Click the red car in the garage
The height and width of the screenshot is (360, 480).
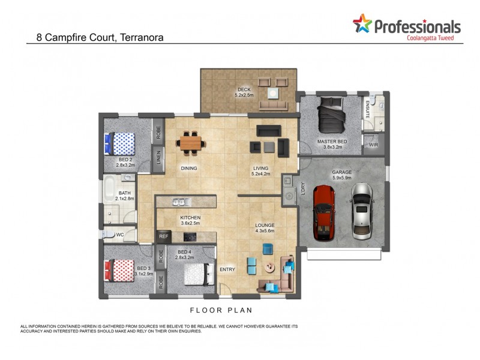click(324, 212)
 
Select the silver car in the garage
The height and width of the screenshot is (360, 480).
click(362, 211)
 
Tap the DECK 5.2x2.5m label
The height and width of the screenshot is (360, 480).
click(244, 92)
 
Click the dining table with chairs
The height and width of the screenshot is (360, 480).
click(191, 143)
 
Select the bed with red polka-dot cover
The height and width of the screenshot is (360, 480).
click(122, 270)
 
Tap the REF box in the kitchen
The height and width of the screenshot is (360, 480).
click(164, 237)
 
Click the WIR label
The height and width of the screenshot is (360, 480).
click(373, 145)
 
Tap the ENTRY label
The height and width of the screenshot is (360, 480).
click(227, 269)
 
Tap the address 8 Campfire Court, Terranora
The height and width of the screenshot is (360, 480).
click(95, 37)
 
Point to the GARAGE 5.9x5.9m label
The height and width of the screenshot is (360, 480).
click(342, 175)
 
